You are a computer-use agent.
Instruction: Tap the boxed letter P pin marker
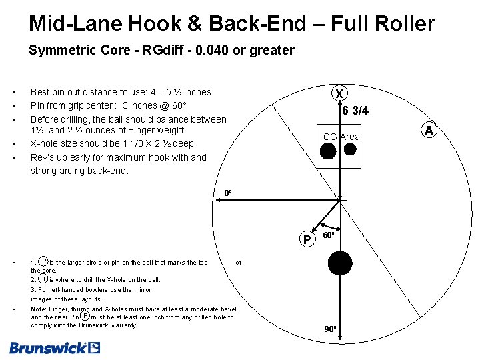(306, 239)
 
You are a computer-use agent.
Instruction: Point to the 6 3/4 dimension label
(355, 111)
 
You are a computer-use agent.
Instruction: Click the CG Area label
(341, 137)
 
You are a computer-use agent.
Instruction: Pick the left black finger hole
(327, 151)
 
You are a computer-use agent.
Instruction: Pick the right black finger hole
(350, 150)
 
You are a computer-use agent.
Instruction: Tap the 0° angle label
(227, 193)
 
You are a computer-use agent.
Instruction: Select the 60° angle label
(329, 236)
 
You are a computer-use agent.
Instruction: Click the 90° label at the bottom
(331, 329)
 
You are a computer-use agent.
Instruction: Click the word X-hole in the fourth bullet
(47, 144)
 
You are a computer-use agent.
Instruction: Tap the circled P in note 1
(43, 261)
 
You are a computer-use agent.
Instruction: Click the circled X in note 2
(43, 279)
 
